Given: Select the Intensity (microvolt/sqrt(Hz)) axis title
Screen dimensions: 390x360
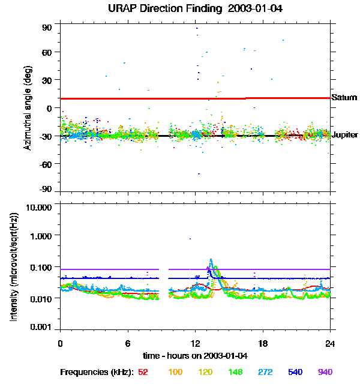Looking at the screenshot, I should tap(14, 268).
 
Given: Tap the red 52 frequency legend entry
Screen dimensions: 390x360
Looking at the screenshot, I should tap(143, 372).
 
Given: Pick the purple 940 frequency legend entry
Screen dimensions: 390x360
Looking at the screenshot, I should tap(325, 372).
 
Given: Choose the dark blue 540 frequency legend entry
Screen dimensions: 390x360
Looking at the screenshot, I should tap(295, 372).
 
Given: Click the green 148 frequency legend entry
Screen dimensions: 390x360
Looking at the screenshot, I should tap(235, 372).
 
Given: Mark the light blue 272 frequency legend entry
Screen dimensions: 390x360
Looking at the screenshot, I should tap(265, 372).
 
